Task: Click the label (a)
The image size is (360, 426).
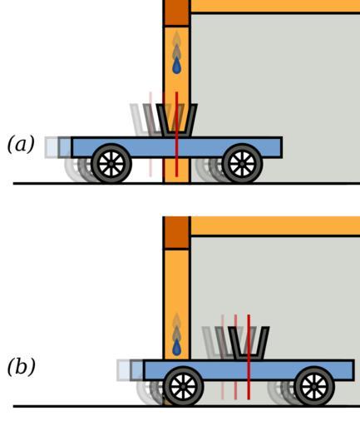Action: [x=21, y=144]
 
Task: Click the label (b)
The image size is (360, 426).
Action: [x=22, y=366]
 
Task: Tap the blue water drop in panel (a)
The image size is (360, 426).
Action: [x=177, y=66]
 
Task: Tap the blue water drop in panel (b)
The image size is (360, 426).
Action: [x=177, y=348]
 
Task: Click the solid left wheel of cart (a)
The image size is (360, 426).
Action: [x=111, y=164]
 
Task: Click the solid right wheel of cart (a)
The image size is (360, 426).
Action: [x=242, y=164]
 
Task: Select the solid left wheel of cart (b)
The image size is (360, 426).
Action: [x=183, y=386]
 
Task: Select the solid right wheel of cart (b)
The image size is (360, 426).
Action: [x=314, y=386]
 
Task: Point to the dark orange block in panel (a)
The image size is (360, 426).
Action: [x=176, y=12]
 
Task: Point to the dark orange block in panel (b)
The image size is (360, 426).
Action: [x=176, y=233]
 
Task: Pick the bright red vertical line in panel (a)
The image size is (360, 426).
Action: [x=176, y=134]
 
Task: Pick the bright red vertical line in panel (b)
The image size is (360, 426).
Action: [x=249, y=357]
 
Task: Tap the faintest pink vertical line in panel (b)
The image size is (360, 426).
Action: [x=223, y=357]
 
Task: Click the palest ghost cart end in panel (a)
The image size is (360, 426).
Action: [x=52, y=147]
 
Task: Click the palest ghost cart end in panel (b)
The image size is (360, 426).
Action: [x=123, y=370]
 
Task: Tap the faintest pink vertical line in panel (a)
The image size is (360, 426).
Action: [x=150, y=134]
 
